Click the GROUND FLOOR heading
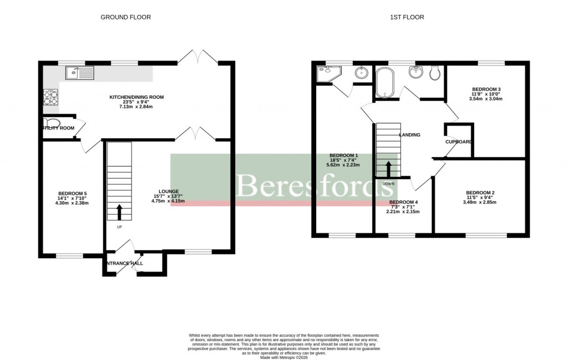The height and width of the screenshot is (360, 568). [125, 17]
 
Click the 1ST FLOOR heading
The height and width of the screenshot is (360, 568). [406, 17]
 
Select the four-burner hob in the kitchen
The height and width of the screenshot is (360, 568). [50, 98]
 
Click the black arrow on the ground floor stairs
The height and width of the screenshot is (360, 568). [119, 211]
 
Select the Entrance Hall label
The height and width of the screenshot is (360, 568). [123, 263]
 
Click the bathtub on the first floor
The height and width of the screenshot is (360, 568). [383, 82]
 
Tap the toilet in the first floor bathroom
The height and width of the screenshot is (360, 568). [435, 73]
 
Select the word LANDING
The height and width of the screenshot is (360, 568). [409, 135]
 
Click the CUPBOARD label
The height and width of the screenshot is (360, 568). [459, 142]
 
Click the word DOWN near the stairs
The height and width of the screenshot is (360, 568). [388, 184]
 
